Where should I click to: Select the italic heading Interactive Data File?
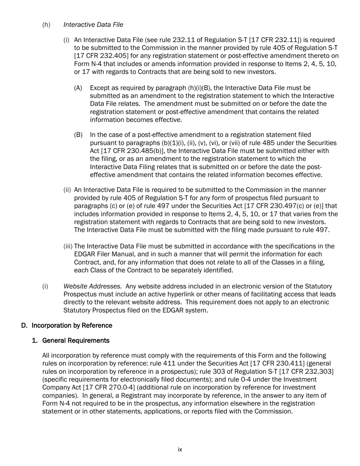pyautogui.click(x=93, y=25)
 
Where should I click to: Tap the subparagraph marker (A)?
pyautogui.click(x=78, y=88)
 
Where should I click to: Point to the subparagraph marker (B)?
pyautogui.click(x=78, y=135)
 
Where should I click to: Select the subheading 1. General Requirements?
pyautogui.click(x=70, y=341)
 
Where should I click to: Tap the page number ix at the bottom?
pyautogui.click(x=180, y=450)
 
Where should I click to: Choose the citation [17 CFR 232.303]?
pyautogui.click(x=306, y=372)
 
